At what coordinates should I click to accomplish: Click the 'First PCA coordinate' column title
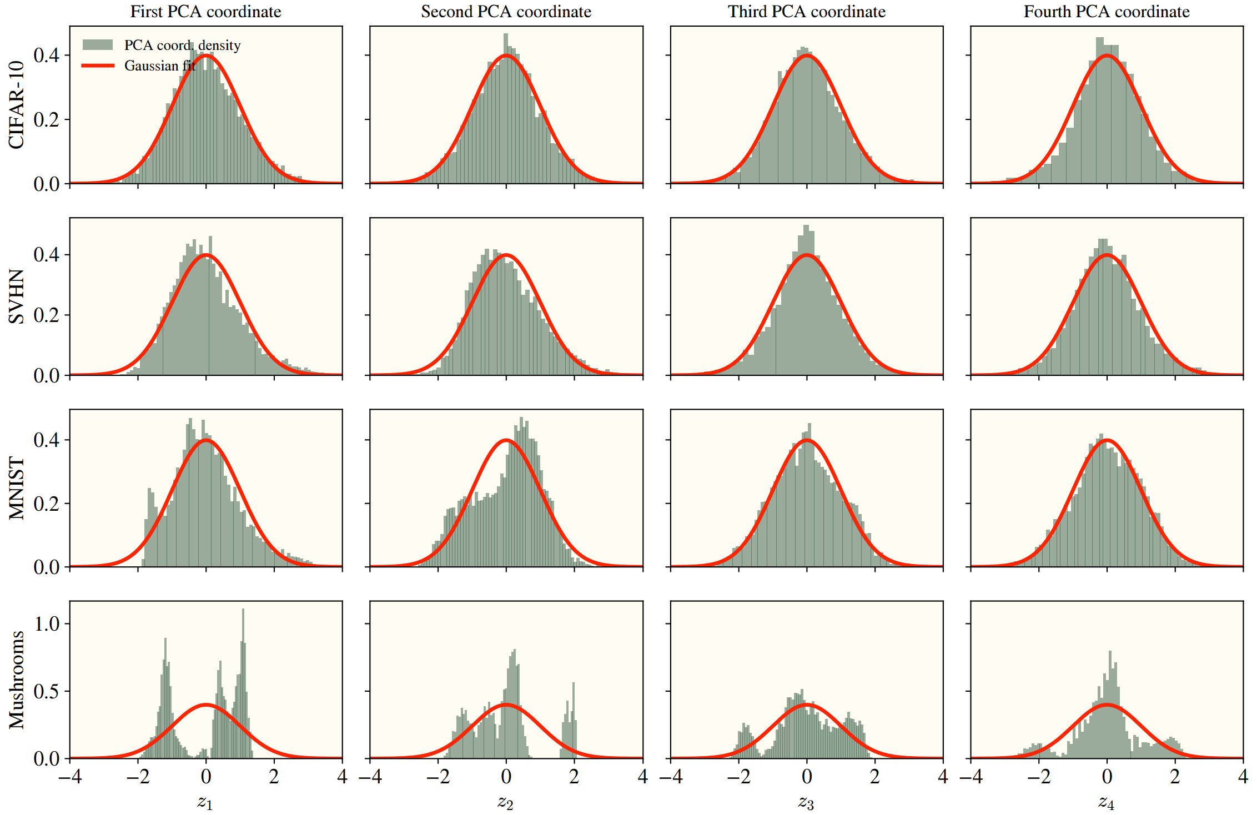(205, 11)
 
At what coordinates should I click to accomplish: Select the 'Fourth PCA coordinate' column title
(1106, 11)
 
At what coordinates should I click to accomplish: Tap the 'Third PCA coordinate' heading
(806, 11)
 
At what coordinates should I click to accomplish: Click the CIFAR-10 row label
(17, 104)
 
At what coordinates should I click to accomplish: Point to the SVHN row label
(17, 296)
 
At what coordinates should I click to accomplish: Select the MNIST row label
(17, 488)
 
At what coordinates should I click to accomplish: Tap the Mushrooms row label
(17, 680)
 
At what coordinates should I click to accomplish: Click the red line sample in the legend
(98, 66)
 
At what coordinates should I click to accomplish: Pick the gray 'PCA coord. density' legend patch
(98, 45)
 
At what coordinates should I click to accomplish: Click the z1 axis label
(205, 802)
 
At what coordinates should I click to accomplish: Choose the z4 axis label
(1106, 802)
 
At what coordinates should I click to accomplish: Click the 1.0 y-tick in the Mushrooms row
(47, 623)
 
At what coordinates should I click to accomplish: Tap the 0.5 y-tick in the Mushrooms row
(47, 691)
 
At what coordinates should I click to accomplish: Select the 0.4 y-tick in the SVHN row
(47, 255)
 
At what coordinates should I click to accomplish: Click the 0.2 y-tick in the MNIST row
(47, 504)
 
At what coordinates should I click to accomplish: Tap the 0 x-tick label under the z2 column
(506, 776)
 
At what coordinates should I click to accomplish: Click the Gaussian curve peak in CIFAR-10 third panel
(807, 56)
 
